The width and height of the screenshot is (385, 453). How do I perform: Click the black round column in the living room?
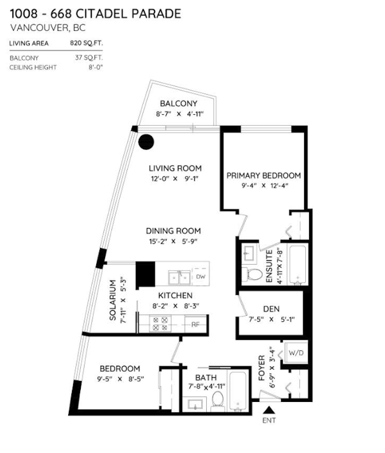point(146,142)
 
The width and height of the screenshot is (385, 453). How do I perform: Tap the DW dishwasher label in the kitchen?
point(201,277)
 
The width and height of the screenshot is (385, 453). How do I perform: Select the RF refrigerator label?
point(195,325)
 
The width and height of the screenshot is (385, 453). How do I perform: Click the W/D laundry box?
point(296,353)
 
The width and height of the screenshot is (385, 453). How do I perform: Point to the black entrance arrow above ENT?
point(269,410)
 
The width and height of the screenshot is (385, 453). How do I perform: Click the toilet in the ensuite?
point(252,275)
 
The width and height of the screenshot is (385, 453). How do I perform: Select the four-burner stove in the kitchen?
point(160,323)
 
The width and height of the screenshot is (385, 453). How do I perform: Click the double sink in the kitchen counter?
point(179,278)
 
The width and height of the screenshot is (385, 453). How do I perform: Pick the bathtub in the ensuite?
point(298,264)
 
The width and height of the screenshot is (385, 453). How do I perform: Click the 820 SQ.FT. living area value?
point(86,43)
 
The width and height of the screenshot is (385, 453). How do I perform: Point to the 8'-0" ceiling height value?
point(96,68)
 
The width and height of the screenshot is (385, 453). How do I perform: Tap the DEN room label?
point(271,309)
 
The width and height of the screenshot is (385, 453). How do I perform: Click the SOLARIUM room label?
point(113,300)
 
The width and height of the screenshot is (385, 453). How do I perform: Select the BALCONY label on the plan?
point(179,103)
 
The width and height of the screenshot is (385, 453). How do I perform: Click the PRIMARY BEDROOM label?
point(263,175)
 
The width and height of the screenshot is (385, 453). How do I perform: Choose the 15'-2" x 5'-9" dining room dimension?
point(173,241)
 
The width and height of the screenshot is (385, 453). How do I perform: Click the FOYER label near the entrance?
point(262,368)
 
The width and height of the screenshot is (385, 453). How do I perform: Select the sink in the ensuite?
point(249,254)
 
